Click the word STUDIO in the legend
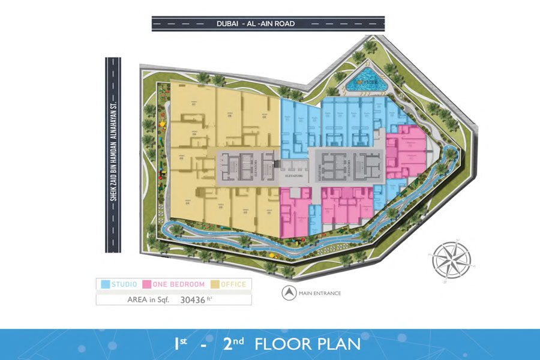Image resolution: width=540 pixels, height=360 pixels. (123, 284)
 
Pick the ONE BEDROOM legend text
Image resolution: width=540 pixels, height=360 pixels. (179, 284)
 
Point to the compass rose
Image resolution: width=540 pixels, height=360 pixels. (450, 259)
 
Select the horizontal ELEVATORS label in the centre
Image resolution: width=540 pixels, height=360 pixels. (293, 177)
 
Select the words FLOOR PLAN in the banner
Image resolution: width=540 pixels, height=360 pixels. (307, 344)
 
